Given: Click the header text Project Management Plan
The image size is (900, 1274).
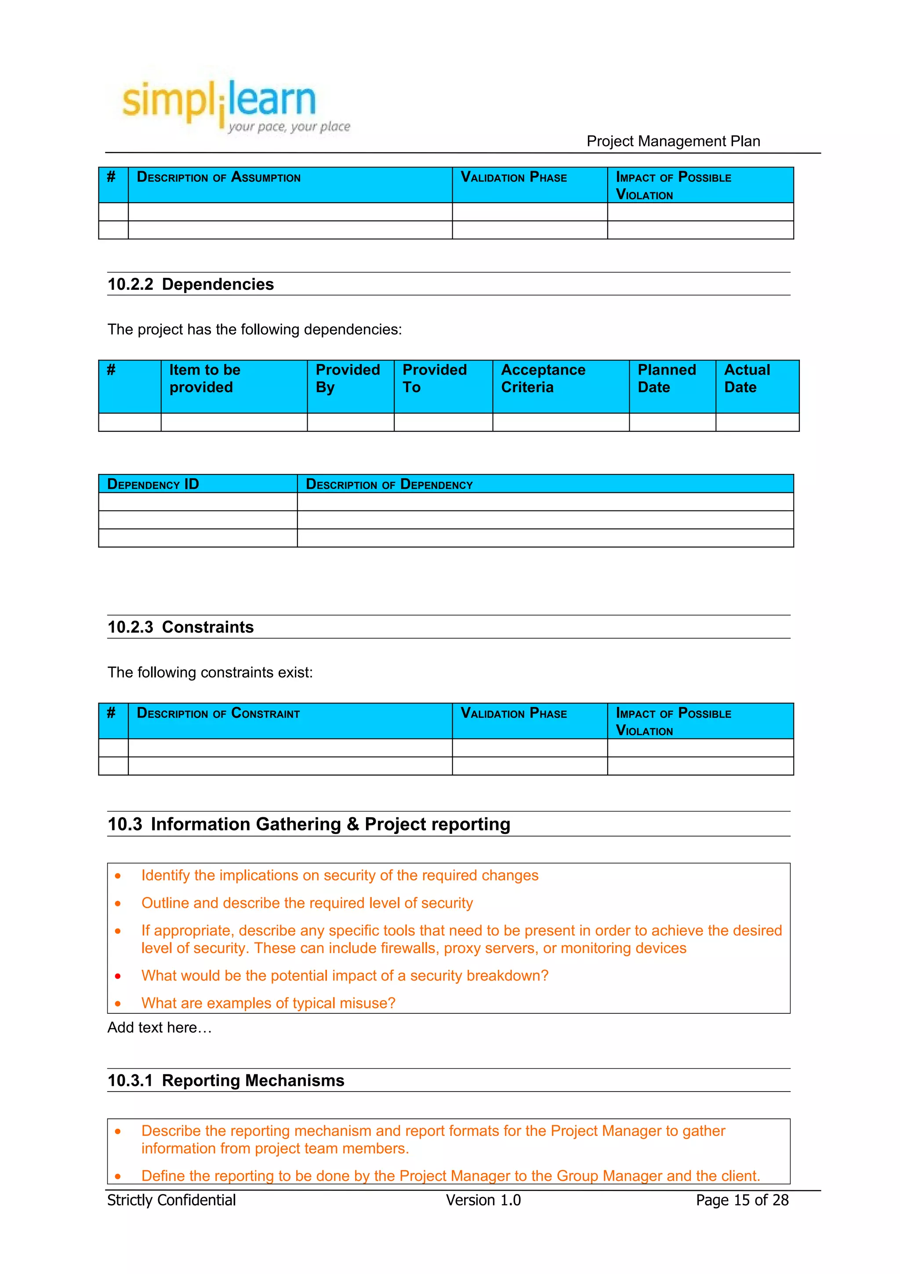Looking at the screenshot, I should [673, 142].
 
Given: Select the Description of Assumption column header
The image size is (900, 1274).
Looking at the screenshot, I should [218, 178].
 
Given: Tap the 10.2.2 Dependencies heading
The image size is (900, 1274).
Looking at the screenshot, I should [190, 284].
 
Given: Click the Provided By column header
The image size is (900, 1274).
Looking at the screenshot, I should [348, 379].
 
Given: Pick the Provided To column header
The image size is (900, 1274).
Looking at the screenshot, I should [434, 379].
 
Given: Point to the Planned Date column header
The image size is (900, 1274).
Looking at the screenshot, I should [667, 379].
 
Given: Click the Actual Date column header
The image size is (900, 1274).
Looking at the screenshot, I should [747, 379].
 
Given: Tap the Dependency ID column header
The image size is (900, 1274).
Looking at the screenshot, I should [153, 484].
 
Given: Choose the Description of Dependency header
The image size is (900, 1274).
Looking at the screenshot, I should [389, 484].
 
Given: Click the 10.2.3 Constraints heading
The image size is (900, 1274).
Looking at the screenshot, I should [180, 627].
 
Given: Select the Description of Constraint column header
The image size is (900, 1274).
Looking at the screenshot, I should [218, 713].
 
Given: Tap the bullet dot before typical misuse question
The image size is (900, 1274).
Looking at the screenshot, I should [118, 1003].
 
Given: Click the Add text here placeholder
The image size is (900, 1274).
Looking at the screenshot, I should [160, 1028].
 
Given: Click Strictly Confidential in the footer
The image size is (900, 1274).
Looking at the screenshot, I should [171, 1200].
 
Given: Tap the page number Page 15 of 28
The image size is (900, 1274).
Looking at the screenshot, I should [742, 1200].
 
